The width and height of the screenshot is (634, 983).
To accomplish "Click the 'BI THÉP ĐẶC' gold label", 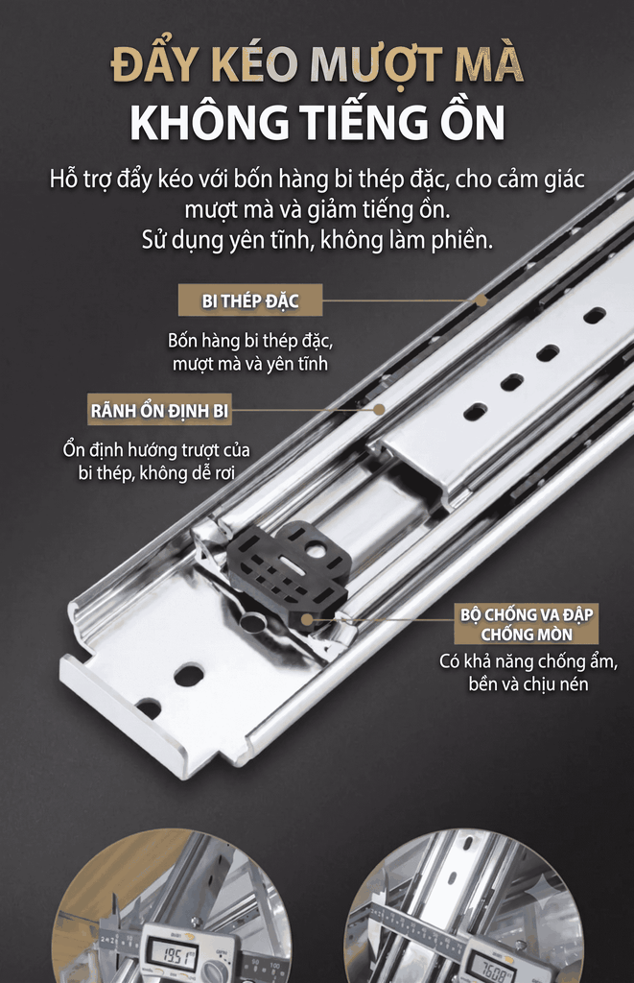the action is click(250, 300).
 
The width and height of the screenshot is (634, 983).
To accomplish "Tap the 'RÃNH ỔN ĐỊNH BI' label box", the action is click(159, 411).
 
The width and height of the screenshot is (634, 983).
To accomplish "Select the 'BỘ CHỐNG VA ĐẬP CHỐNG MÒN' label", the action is click(527, 624).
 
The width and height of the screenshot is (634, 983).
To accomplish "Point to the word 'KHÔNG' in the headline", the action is click(209, 122).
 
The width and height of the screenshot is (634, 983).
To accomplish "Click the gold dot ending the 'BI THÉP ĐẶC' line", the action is click(481, 300).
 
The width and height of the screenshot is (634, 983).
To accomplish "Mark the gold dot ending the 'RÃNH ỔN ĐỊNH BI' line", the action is click(379, 409).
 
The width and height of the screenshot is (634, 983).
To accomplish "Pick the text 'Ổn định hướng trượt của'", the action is click(156, 449).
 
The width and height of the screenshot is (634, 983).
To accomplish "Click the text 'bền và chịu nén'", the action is click(528, 683).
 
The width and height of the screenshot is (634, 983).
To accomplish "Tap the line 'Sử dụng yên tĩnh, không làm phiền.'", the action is click(317, 240).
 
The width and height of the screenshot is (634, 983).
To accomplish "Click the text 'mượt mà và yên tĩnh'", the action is click(250, 364).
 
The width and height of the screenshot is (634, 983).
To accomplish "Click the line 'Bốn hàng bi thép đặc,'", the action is click(250, 341).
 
